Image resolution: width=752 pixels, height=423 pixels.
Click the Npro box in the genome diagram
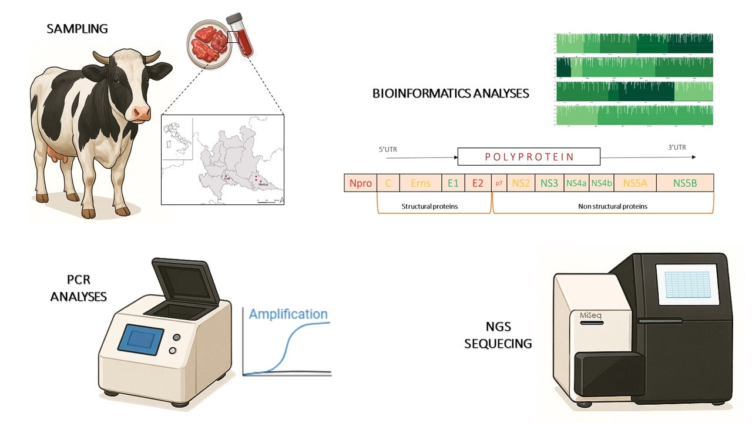pos(360,183)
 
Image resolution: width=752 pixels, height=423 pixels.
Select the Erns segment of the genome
pos(420,183)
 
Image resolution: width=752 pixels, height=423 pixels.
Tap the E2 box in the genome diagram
pos(477,183)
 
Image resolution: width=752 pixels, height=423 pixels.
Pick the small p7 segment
pos(499,183)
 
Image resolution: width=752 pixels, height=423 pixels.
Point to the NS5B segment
pos(684,183)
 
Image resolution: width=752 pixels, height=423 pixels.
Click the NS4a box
pos(576,183)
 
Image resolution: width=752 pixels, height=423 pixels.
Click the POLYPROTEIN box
pos(529,157)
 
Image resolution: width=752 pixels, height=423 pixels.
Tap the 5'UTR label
pos(388,149)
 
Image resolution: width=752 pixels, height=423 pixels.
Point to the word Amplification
pos(288,314)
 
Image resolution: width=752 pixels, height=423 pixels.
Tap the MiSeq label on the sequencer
pos(588,315)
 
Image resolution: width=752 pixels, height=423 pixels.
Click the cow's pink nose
pos(142,112)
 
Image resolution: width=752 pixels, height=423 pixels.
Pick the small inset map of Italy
pos(177,138)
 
